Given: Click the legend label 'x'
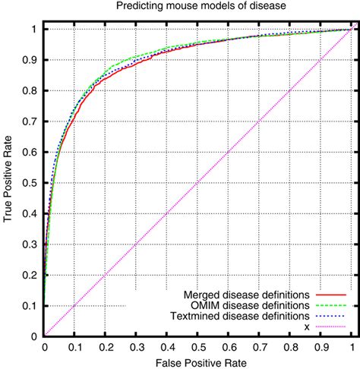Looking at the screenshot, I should pyautogui.click(x=307, y=326).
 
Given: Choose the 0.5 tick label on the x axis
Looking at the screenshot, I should pyautogui.click(x=197, y=347).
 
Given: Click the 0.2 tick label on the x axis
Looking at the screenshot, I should pyautogui.click(x=106, y=347).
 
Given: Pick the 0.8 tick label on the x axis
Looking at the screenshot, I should pyautogui.click(x=289, y=347).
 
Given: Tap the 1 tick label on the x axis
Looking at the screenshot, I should pyautogui.click(x=351, y=347).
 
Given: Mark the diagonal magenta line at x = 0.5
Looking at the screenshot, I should pyautogui.click(x=197, y=183).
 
